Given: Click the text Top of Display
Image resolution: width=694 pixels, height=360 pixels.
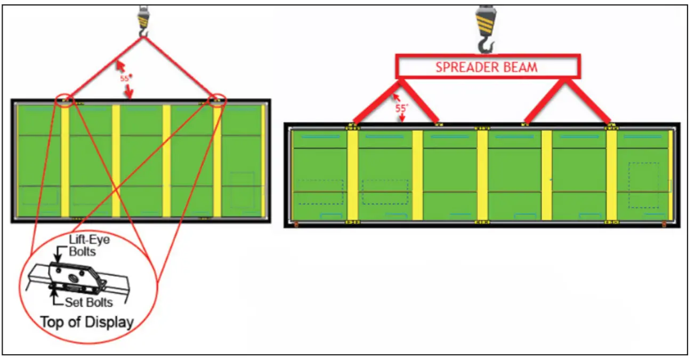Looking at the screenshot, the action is click(x=87, y=322).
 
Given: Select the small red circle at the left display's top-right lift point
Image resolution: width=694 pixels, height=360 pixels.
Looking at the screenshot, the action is click(x=217, y=100).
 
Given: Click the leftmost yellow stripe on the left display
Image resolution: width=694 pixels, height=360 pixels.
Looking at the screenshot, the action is click(x=65, y=160).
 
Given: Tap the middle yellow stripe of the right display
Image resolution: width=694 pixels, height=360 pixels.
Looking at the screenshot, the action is click(x=482, y=175).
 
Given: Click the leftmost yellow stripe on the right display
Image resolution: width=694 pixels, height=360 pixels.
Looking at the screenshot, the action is click(x=352, y=175).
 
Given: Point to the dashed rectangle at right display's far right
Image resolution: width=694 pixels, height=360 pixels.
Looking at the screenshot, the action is click(x=643, y=185).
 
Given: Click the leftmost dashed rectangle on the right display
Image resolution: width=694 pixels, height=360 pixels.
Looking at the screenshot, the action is click(x=320, y=191).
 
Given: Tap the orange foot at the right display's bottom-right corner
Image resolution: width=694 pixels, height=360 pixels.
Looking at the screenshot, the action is click(x=664, y=225).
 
